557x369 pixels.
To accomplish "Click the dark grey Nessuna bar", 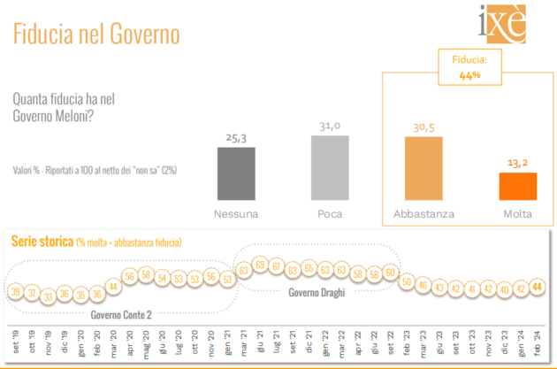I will coord(236,173).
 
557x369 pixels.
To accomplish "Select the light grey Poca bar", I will coord(330,168).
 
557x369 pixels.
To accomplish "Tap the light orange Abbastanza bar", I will coord(423,168).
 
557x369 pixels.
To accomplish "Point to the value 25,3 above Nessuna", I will coord(236,137).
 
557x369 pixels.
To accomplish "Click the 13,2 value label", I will coord(517,161).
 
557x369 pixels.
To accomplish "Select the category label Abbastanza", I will coord(423,214).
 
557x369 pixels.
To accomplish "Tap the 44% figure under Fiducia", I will coord(469,75).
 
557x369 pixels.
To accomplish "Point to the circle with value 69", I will coord(260,265).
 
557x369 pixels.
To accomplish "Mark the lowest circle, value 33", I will coord(49,296).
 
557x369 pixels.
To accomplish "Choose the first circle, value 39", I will coord(15,291).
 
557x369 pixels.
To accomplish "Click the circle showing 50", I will coord(407,281).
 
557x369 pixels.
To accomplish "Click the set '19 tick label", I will coord(16,339).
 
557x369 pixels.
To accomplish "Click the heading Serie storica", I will coord(41,241).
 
